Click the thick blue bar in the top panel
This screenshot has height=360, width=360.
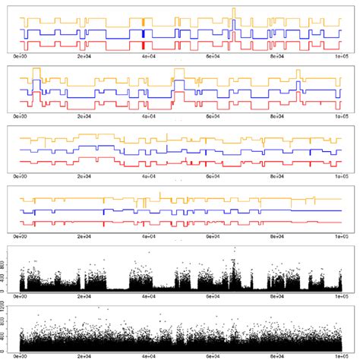point(144,33)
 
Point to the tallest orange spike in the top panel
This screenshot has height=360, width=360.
point(234,11)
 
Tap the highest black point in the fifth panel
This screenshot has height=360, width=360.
point(234,248)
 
